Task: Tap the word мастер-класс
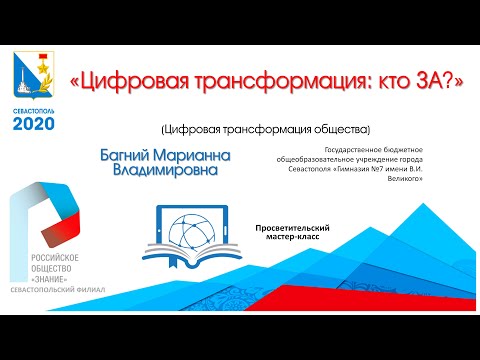(x=293, y=239)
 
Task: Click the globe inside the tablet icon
(x=200, y=227)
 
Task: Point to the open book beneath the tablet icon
(x=200, y=260)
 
